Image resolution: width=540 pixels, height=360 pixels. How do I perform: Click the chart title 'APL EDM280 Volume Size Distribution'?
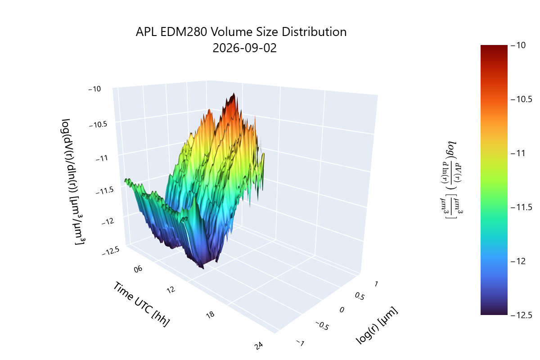point(241,32)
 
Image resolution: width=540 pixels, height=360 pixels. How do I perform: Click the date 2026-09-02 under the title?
point(244,48)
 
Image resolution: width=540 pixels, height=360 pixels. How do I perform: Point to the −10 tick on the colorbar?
point(518,45)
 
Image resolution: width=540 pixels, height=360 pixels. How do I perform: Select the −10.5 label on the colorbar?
point(522,99)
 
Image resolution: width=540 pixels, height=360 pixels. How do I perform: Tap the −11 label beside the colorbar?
point(518,153)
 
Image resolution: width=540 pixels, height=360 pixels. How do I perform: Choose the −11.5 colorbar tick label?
point(522,207)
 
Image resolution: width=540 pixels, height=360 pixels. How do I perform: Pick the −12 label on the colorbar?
point(518,261)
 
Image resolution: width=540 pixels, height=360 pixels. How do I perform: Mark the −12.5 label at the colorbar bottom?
point(522,315)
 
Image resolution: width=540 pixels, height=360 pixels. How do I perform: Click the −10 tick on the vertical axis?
point(95,89)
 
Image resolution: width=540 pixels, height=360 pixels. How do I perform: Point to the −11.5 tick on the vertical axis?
point(104,191)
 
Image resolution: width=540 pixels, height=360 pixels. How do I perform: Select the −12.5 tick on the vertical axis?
point(111,251)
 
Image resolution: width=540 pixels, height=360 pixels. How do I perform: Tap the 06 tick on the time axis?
point(138,269)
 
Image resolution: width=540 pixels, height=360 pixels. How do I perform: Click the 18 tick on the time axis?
point(210,315)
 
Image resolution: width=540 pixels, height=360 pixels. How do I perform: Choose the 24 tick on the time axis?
point(259,346)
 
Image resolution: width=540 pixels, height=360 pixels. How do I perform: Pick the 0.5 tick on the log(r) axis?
point(360,296)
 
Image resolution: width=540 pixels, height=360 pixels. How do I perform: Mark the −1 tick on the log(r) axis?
point(301,343)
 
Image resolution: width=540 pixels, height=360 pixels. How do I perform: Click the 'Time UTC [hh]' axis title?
point(141,304)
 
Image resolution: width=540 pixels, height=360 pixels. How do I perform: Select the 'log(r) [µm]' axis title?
point(377,325)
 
